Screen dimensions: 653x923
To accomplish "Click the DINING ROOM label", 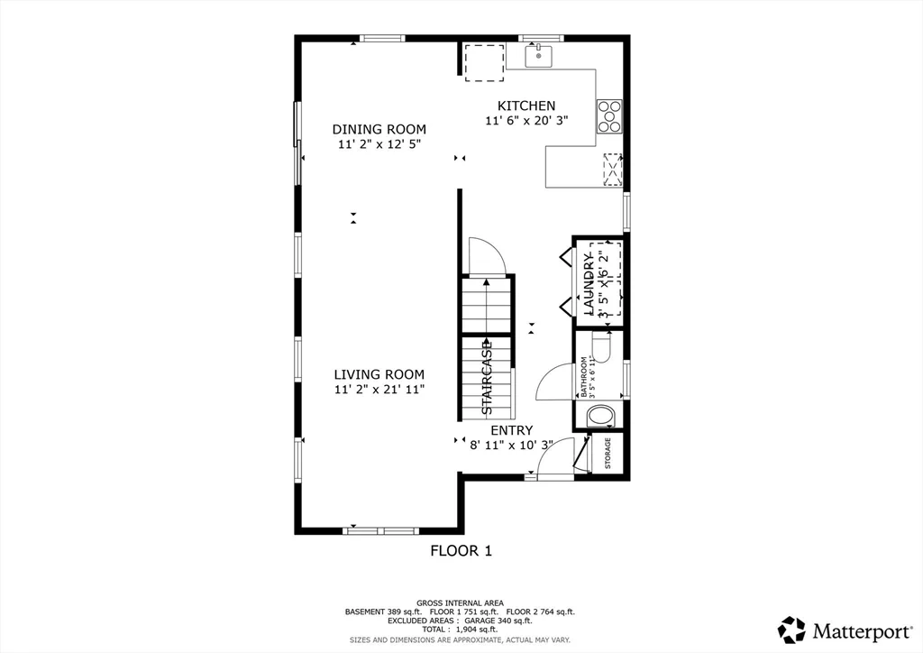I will point(379,129).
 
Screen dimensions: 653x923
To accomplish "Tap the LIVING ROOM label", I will point(379,374).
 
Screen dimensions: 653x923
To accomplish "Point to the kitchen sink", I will point(540,55).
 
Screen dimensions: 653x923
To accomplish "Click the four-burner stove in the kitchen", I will point(609,116).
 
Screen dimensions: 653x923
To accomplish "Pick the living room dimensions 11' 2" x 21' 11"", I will point(379,390).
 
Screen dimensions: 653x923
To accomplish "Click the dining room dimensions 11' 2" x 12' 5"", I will point(379,144).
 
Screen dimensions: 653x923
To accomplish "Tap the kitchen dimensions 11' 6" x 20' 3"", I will point(526,121).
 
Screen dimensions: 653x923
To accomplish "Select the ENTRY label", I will point(511,430).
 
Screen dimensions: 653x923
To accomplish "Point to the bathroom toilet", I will point(600,416).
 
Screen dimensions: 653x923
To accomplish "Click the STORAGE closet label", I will point(608,454).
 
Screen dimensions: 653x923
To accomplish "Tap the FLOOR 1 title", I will point(461,550).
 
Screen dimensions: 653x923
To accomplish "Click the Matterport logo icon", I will point(792,629).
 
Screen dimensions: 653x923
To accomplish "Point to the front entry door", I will point(553,456).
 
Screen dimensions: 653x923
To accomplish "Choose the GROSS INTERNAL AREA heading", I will point(460,602).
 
